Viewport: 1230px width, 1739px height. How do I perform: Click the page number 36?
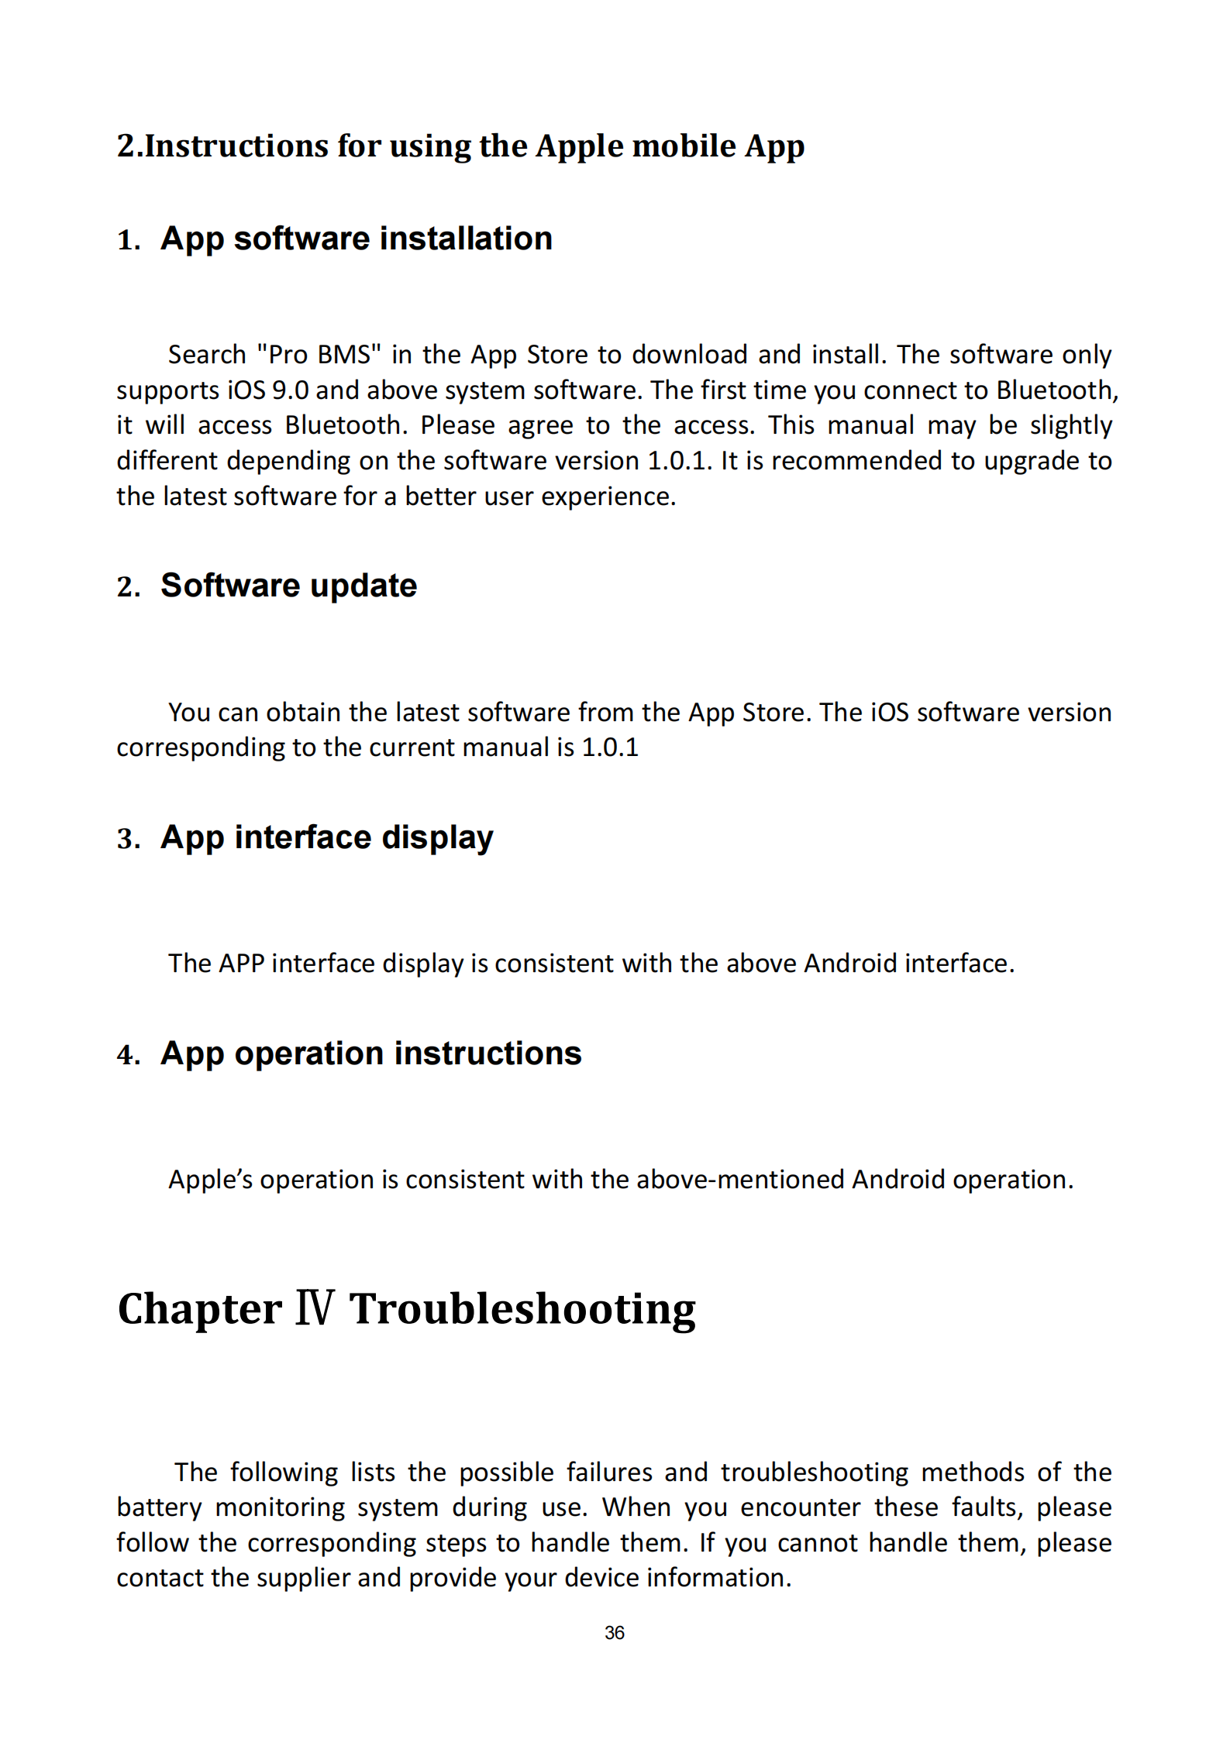614,1632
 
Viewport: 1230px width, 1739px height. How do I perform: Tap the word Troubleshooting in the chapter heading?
522,1309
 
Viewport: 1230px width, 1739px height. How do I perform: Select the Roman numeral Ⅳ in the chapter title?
315,1308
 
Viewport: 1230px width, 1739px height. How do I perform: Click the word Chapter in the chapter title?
199,1309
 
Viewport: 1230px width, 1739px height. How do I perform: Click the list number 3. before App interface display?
129,839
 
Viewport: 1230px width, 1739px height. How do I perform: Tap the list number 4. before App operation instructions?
129,1055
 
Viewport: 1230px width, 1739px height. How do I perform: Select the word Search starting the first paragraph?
207,355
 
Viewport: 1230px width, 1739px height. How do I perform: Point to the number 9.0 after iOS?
290,390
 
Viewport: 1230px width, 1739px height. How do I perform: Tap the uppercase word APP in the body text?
241,964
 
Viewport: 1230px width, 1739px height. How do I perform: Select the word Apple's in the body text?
210,1180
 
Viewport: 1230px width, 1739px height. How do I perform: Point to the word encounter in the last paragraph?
800,1507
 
